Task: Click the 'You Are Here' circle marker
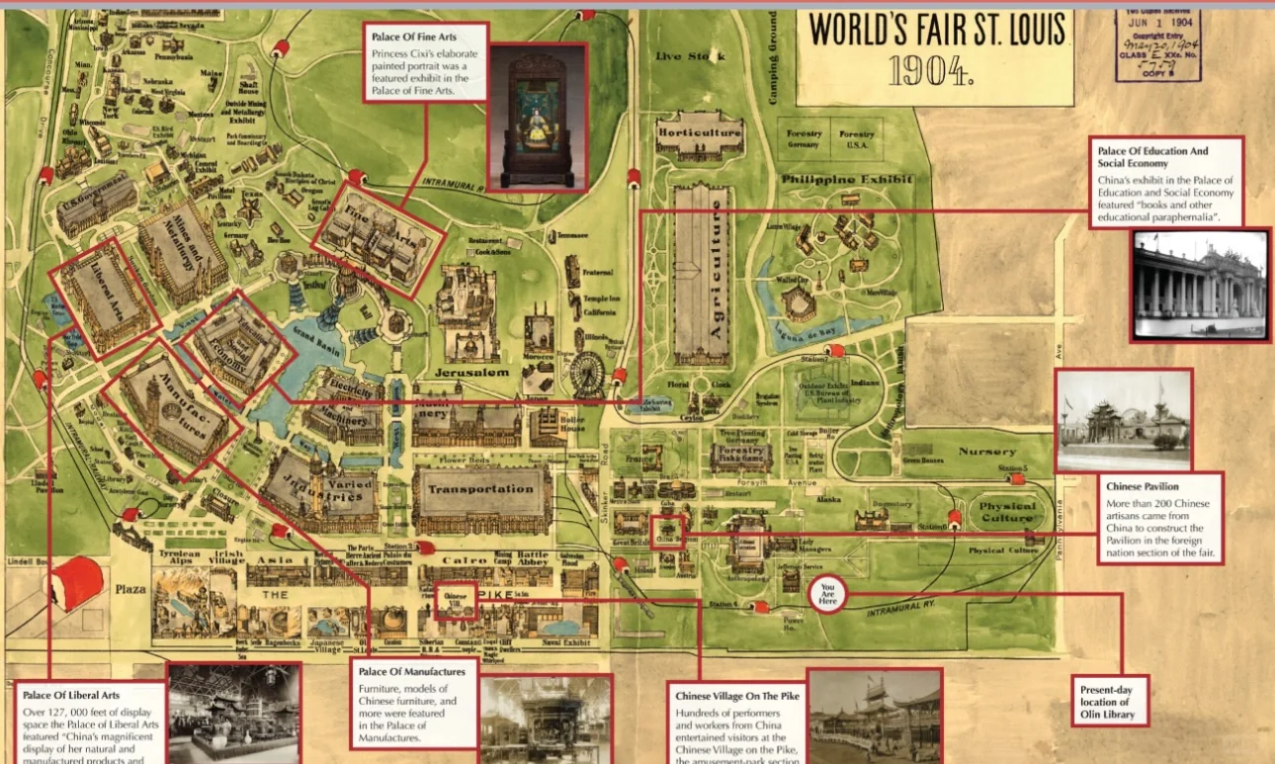pyautogui.click(x=828, y=594)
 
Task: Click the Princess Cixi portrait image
pyautogui.click(x=538, y=116)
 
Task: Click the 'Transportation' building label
pyautogui.click(x=480, y=489)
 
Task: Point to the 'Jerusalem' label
pyautogui.click(x=471, y=372)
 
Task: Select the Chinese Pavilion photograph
pyautogui.click(x=1123, y=421)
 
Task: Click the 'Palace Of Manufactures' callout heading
pyautogui.click(x=406, y=672)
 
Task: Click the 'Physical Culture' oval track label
pyautogui.click(x=1007, y=512)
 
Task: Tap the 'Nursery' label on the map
pyautogui.click(x=986, y=452)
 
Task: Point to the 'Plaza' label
pyautogui.click(x=129, y=590)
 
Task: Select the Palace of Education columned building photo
pyautogui.click(x=1199, y=286)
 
